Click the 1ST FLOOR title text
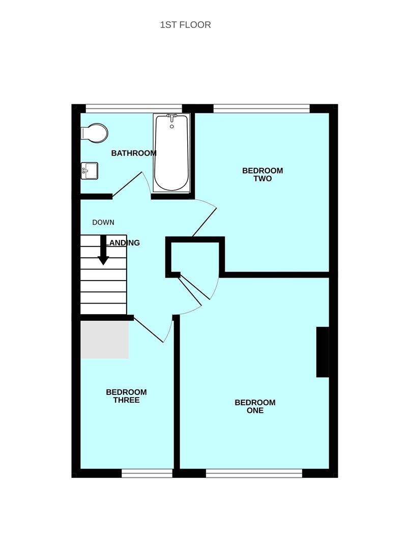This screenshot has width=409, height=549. click(185, 25)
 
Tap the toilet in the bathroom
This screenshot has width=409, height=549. click(94, 133)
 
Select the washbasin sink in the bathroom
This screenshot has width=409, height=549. click(90, 171)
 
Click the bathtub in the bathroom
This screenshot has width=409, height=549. click(172, 153)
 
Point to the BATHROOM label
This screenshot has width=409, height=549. click(134, 153)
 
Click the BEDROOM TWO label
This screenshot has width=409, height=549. click(262, 174)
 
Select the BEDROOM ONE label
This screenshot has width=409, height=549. click(255, 407)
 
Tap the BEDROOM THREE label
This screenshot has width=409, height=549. click(126, 396)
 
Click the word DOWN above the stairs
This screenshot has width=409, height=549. click(103, 222)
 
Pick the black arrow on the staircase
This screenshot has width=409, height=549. click(103, 250)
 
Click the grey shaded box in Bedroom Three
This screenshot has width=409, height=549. click(105, 340)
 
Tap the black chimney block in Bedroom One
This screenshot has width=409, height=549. click(323, 352)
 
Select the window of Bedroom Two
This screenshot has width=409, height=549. click(261, 109)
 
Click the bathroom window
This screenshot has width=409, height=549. click(134, 109)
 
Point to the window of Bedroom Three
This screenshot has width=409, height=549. click(147, 473)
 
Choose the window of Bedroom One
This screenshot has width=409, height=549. click(254, 473)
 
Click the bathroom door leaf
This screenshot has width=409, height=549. click(127, 184)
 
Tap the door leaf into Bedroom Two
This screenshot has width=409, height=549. click(205, 222)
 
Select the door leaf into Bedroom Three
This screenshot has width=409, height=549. click(149, 330)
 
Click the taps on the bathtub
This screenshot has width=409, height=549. click(172, 118)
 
